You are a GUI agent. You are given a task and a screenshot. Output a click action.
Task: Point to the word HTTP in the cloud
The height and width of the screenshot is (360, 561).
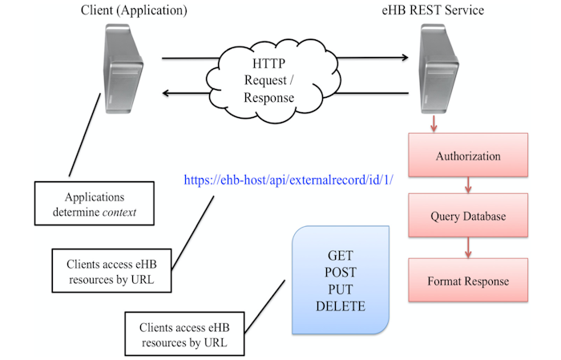tap(268, 63)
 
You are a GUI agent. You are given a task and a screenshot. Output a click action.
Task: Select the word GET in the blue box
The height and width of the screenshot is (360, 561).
tap(341, 257)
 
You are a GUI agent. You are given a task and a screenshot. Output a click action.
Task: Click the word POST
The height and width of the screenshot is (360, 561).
tap(341, 273)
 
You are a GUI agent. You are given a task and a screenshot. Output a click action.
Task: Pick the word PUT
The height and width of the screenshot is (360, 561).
tap(341, 289)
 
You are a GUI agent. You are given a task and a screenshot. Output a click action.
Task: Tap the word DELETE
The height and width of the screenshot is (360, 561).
tap(341, 306)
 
